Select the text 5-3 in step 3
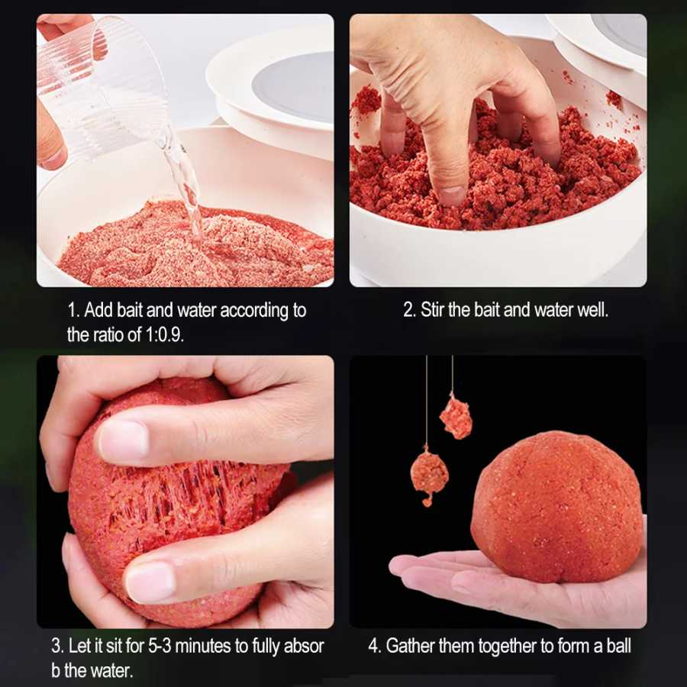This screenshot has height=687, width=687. (x=160, y=646)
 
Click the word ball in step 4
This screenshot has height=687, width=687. (x=618, y=646)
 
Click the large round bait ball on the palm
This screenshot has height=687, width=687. (x=557, y=508)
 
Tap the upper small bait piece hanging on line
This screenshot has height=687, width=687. (x=456, y=417)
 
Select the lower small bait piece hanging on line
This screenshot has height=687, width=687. (x=429, y=475)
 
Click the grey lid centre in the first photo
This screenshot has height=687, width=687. (x=295, y=87)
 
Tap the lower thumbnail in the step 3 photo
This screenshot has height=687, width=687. (x=150, y=582)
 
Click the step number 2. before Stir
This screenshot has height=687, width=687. (x=409, y=310)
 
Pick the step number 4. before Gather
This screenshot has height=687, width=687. (x=375, y=646)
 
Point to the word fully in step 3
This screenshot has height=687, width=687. (x=266, y=647)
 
